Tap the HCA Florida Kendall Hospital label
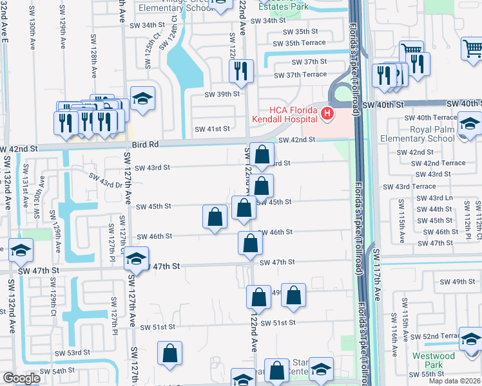pyautogui.click(x=284, y=115)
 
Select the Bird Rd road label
pyautogui.click(x=145, y=145)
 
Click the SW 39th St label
pyautogui.click(x=222, y=94)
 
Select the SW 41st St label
pyautogui.click(x=212, y=129)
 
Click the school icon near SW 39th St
pyautogui.click(x=142, y=98)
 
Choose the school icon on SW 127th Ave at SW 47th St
pyautogui.click(x=136, y=259)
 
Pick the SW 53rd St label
pyautogui.click(x=72, y=353)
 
